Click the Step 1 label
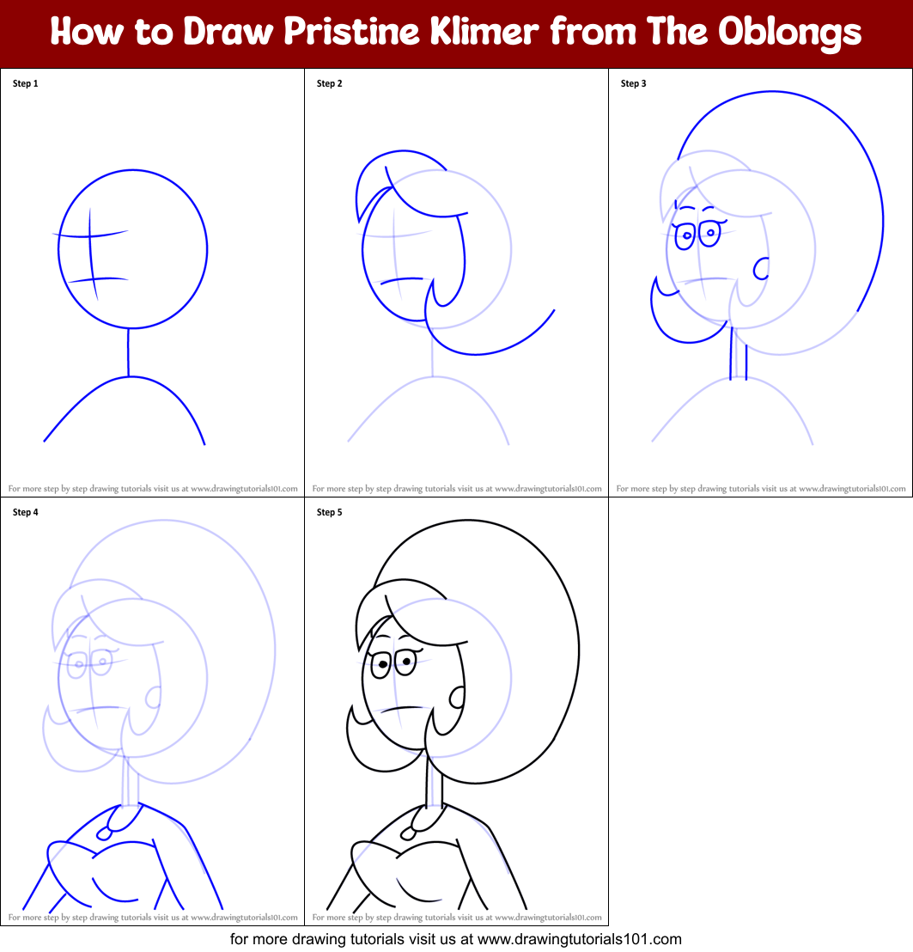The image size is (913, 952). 26,83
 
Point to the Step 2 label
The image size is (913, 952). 330,83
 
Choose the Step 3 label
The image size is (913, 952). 634,83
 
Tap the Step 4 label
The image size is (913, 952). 26,512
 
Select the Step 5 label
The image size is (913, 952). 330,512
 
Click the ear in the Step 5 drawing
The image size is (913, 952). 457,697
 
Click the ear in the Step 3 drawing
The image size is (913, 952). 761,269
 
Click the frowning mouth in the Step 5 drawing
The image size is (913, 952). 399,708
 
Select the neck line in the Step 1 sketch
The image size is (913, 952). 129,351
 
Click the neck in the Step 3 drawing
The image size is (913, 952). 738,352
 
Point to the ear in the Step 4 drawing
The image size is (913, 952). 153,697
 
